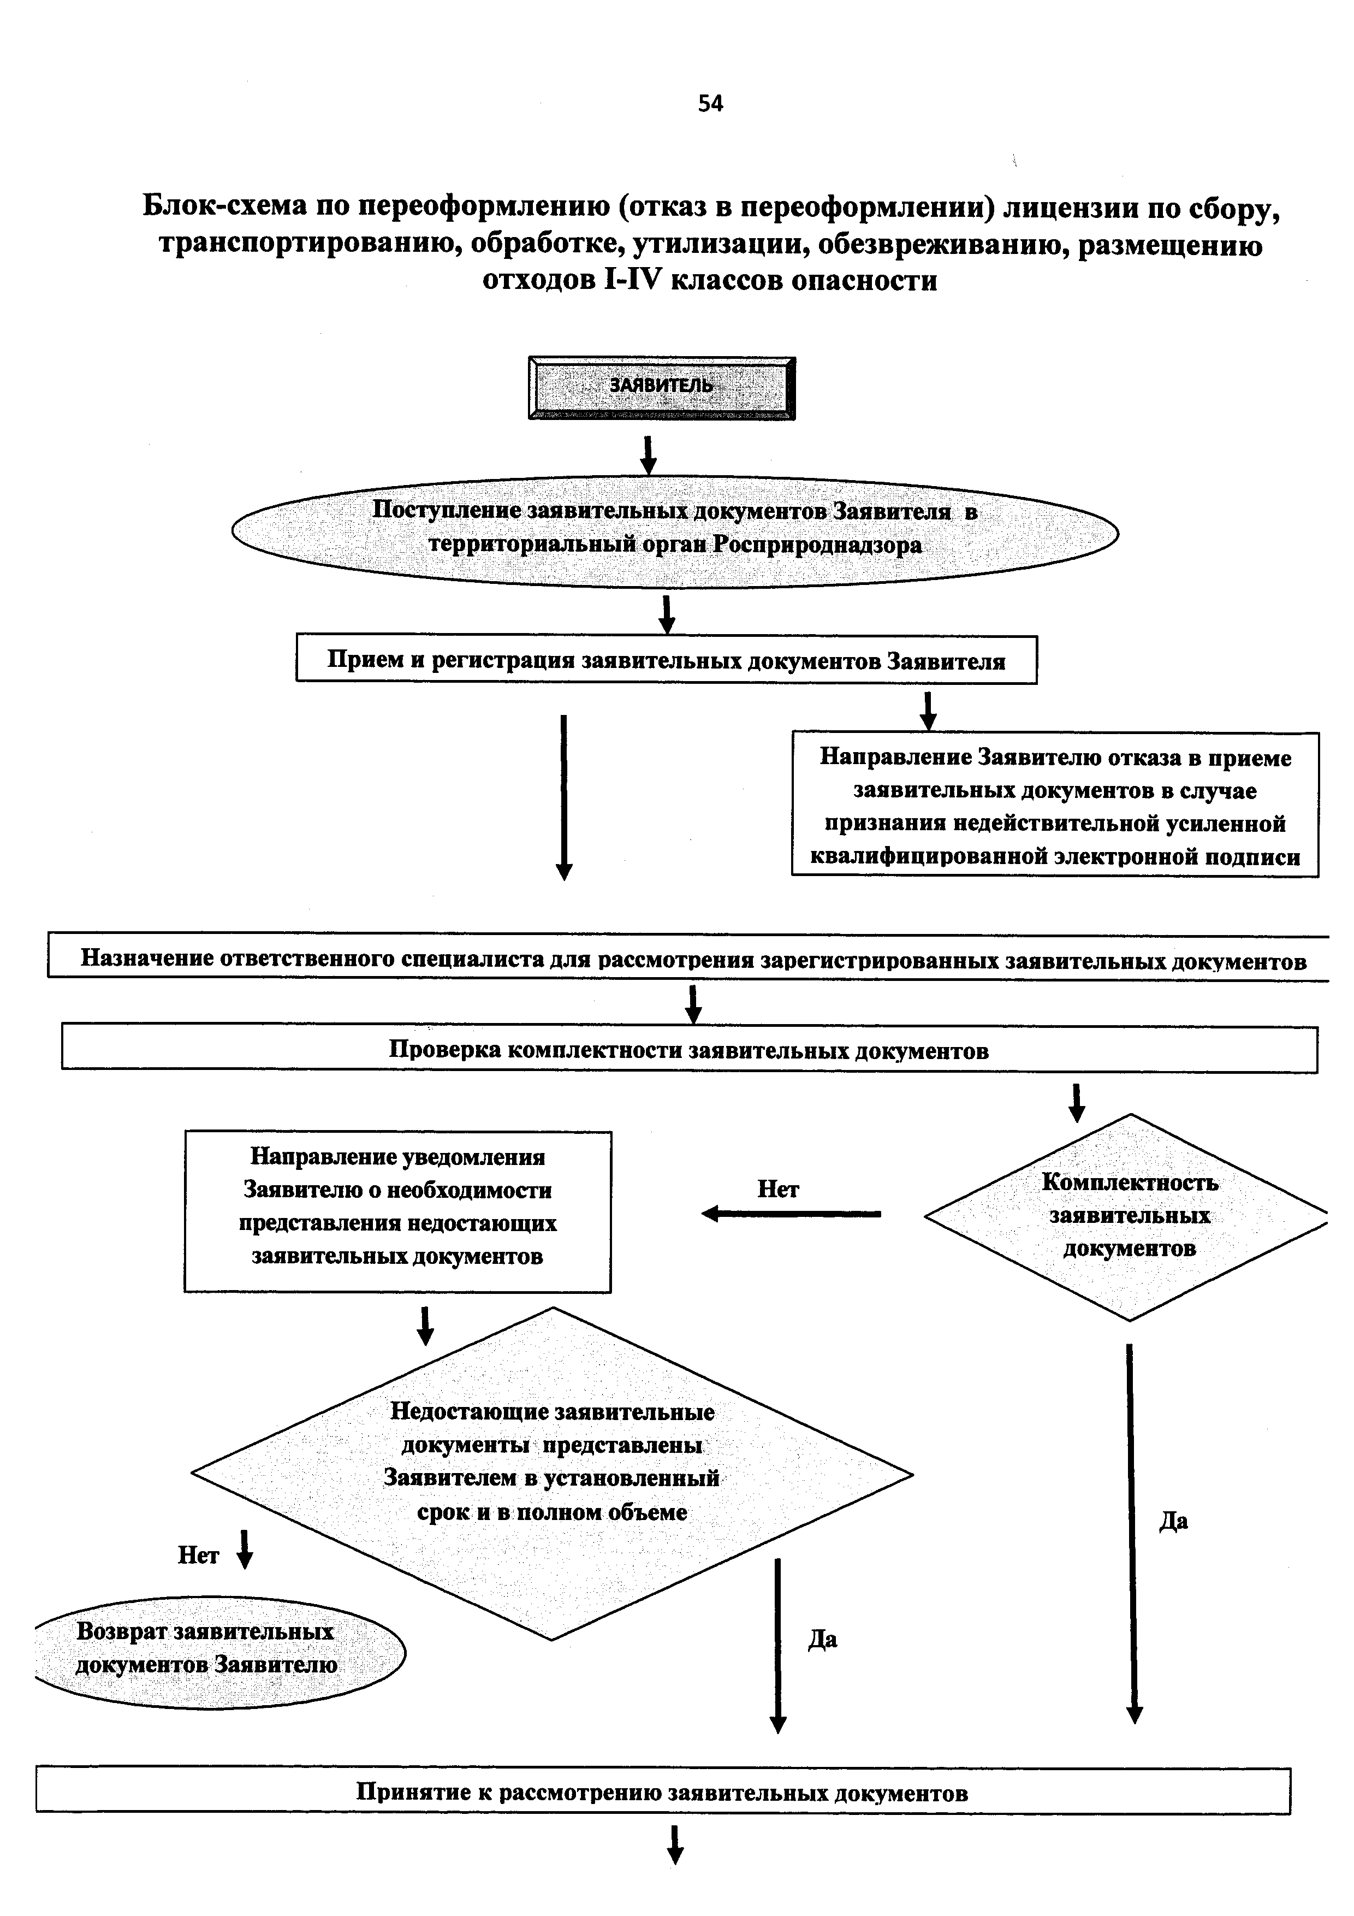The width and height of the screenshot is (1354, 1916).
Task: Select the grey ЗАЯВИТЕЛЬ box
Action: [662, 387]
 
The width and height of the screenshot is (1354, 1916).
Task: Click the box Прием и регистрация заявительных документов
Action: [666, 660]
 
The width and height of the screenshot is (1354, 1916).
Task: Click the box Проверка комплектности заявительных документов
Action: [688, 1049]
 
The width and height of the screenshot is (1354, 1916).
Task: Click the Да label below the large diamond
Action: [823, 1639]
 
